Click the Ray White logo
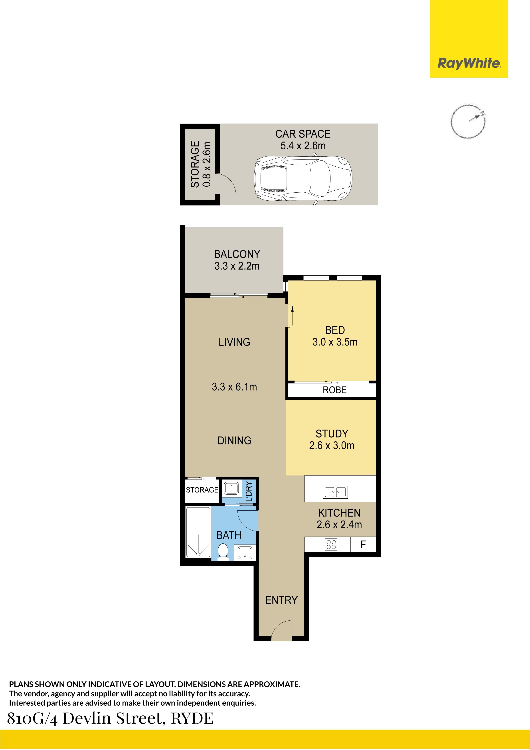(x=469, y=63)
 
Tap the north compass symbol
(x=468, y=121)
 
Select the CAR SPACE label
(x=303, y=134)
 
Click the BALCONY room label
(x=237, y=254)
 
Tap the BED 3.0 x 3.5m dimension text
(x=335, y=342)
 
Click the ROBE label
(x=335, y=390)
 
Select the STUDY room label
(x=332, y=434)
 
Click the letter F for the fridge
(x=363, y=545)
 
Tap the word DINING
(x=234, y=441)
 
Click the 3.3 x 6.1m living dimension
(x=234, y=387)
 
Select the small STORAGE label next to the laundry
(x=202, y=490)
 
